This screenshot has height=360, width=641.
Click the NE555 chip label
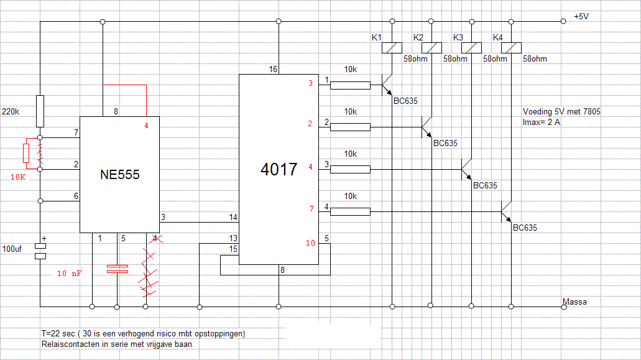[120, 175]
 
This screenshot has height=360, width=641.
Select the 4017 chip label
[279, 169]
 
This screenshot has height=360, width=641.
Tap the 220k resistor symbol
[40, 111]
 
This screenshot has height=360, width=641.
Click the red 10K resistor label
[18, 177]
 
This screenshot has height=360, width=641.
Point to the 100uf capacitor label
[12, 249]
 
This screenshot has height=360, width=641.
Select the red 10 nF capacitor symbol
[118, 269]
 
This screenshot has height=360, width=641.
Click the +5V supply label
[581, 16]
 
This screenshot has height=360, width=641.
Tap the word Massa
[574, 302]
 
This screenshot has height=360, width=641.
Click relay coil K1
[392, 48]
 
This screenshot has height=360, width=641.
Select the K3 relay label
[458, 37]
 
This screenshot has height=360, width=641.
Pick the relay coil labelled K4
[511, 48]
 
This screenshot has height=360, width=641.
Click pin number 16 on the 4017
[273, 70]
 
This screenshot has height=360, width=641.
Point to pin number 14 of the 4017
[233, 217]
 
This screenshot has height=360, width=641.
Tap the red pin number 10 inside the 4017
[310, 242]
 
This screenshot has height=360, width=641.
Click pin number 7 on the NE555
[76, 132]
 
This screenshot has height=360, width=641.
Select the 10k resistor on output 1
[350, 85]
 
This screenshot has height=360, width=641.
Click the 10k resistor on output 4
[350, 211]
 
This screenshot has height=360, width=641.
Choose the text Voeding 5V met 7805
[561, 111]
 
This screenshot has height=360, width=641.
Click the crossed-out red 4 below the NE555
[155, 238]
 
